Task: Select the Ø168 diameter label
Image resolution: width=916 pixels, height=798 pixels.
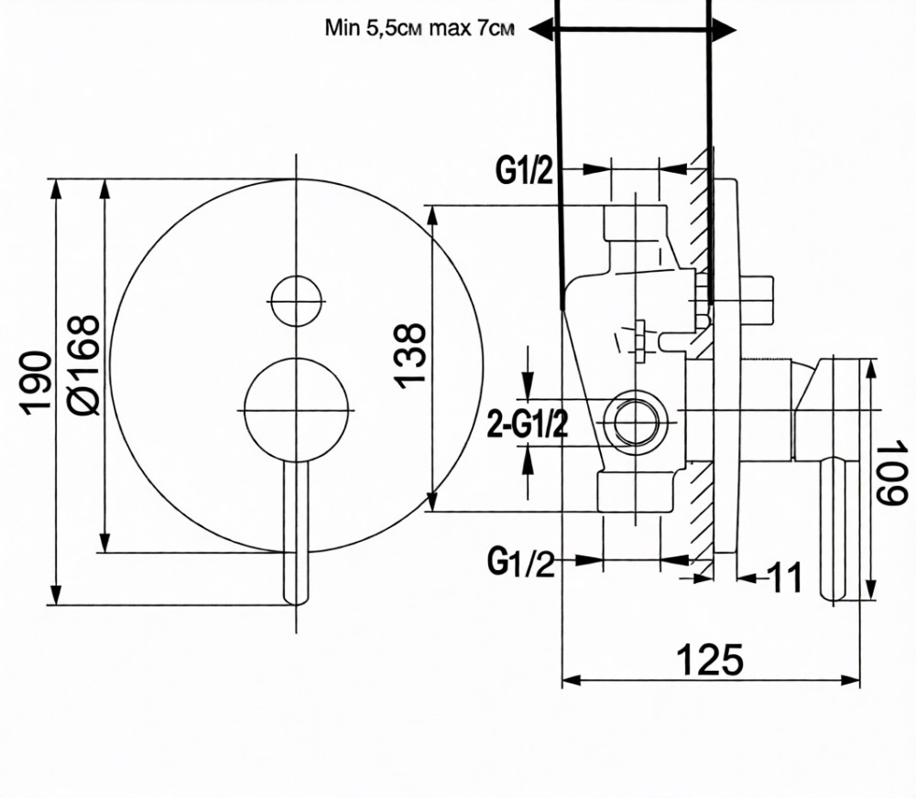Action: click(x=84, y=365)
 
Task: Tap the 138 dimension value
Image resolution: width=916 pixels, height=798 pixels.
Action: click(x=410, y=355)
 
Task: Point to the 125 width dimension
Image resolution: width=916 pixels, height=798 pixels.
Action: click(x=710, y=660)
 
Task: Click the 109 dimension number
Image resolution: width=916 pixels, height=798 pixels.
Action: click(x=891, y=473)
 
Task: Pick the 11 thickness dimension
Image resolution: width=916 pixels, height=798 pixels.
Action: click(x=785, y=577)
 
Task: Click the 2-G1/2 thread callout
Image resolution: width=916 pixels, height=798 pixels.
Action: click(x=527, y=425)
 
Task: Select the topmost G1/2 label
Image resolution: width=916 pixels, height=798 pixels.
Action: click(x=524, y=171)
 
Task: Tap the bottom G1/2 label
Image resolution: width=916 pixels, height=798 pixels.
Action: click(x=521, y=563)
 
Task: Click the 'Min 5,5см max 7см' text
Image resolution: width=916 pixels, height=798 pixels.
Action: click(x=420, y=27)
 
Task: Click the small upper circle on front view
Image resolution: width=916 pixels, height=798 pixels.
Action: click(x=296, y=301)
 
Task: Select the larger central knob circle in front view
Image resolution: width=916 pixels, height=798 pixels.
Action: click(x=296, y=410)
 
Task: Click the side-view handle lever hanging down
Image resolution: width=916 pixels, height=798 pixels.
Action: click(x=833, y=530)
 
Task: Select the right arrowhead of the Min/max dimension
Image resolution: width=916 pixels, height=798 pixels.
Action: click(x=725, y=28)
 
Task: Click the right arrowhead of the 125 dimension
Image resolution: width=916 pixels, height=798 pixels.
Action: click(x=850, y=680)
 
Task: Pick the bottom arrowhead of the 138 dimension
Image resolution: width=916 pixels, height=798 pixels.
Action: click(x=431, y=501)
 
